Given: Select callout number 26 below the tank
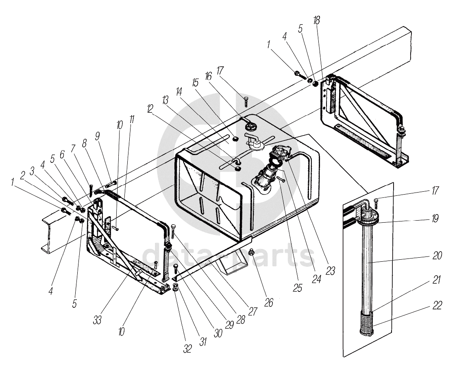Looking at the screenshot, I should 268,302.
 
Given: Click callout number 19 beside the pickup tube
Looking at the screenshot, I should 435,219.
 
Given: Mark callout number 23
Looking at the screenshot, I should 330,271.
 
